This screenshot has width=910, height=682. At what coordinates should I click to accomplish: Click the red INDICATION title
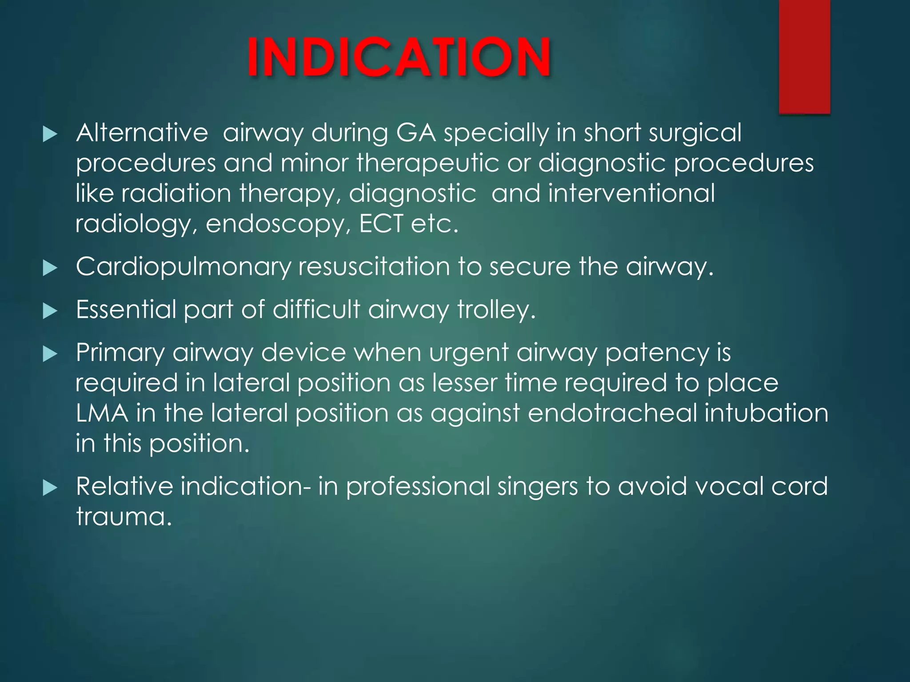tap(399, 58)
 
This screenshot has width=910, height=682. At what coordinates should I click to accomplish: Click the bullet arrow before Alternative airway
tap(50, 135)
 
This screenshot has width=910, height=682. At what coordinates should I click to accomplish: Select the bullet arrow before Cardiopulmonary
tap(50, 268)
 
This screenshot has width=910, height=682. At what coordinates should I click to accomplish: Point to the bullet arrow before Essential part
tap(50, 311)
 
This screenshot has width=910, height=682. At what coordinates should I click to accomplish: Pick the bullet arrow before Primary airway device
tap(50, 354)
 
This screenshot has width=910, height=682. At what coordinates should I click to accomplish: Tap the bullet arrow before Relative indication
tap(50, 488)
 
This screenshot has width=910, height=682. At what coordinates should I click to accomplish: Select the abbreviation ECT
tap(381, 223)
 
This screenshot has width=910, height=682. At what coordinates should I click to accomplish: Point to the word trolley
tap(496, 310)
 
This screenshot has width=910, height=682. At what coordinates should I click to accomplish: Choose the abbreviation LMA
tap(102, 413)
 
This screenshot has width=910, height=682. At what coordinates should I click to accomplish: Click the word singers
tap(537, 486)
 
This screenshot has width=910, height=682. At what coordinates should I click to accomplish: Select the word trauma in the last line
tap(124, 516)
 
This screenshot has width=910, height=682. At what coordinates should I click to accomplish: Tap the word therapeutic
tap(427, 163)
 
